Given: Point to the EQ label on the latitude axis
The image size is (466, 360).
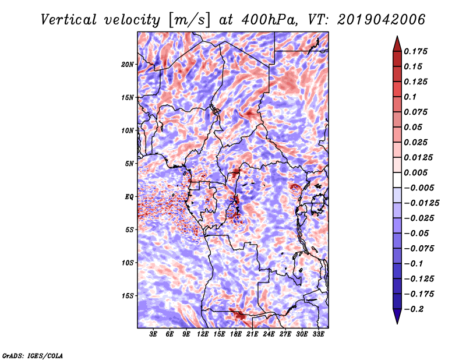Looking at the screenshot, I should (x=129, y=197).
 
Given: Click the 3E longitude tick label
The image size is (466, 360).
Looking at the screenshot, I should (x=154, y=334).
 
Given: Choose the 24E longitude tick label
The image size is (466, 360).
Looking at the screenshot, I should (x=269, y=334).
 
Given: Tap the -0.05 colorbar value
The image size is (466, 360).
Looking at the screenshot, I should (x=416, y=233).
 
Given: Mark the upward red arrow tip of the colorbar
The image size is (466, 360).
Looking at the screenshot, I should (x=397, y=38).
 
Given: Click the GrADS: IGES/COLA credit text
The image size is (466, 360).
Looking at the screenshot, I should (x=33, y=355).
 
